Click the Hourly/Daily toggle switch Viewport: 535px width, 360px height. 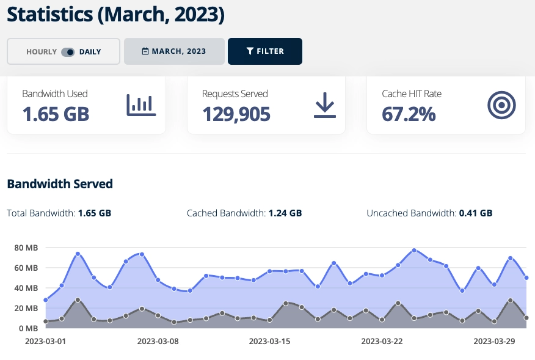coord(68,52)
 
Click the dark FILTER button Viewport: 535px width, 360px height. coord(264,51)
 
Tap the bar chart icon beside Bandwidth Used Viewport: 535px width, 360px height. coord(141,105)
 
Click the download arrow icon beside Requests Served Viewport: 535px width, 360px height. coord(325,105)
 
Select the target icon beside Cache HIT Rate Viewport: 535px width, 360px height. coord(501,105)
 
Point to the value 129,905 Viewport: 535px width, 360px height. coord(236,114)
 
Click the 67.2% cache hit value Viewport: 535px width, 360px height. coord(409,114)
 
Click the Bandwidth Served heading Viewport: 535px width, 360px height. coord(60,184)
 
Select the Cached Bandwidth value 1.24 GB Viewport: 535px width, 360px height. coord(285,213)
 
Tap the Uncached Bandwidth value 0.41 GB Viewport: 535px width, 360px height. coord(475,213)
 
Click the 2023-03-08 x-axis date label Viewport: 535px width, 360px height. coord(158,340)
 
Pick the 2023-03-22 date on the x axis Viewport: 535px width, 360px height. coord(383,340)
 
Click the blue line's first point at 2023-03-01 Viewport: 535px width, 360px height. coord(46,300)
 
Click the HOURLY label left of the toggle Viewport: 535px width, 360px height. coord(42,52)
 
